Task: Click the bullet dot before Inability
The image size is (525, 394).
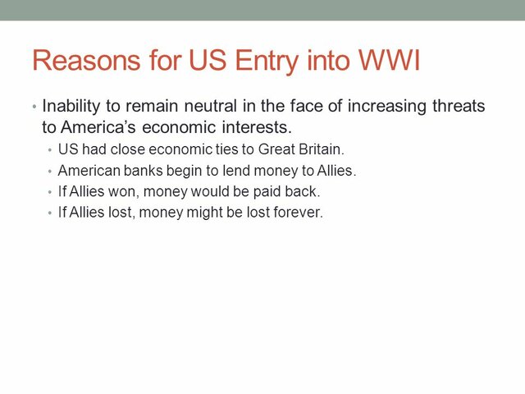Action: coord(34,108)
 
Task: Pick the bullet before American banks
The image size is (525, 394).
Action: coord(51,172)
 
